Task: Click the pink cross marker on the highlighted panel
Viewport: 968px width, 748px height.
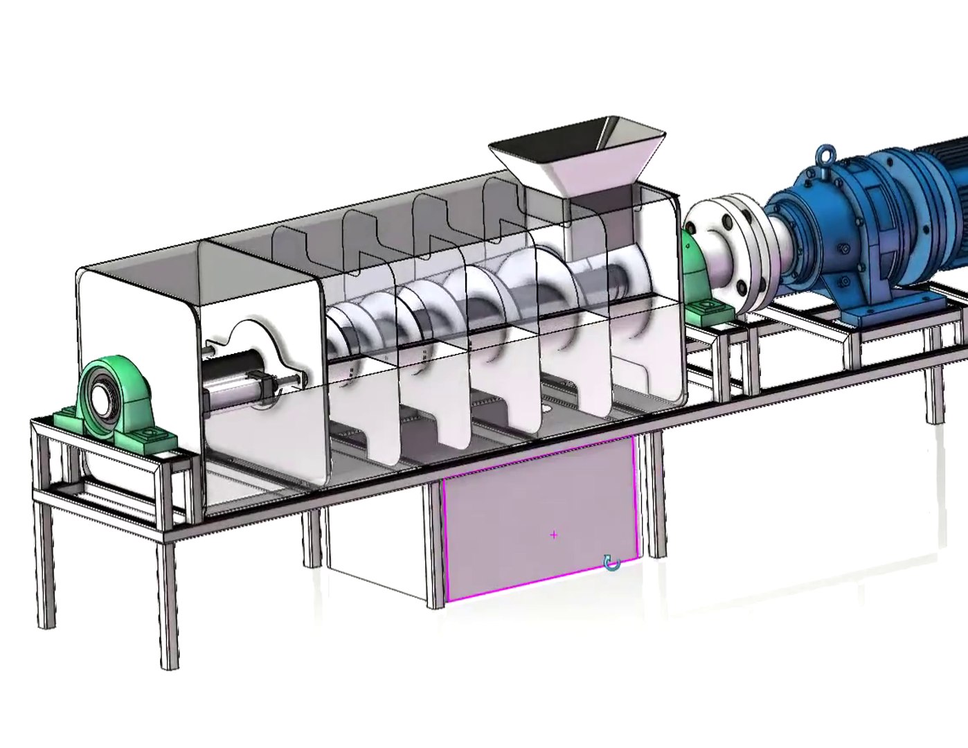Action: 554,535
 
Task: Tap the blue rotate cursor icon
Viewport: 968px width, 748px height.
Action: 611,562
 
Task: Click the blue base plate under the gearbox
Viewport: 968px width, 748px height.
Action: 893,308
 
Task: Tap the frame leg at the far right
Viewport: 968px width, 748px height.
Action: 936,395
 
